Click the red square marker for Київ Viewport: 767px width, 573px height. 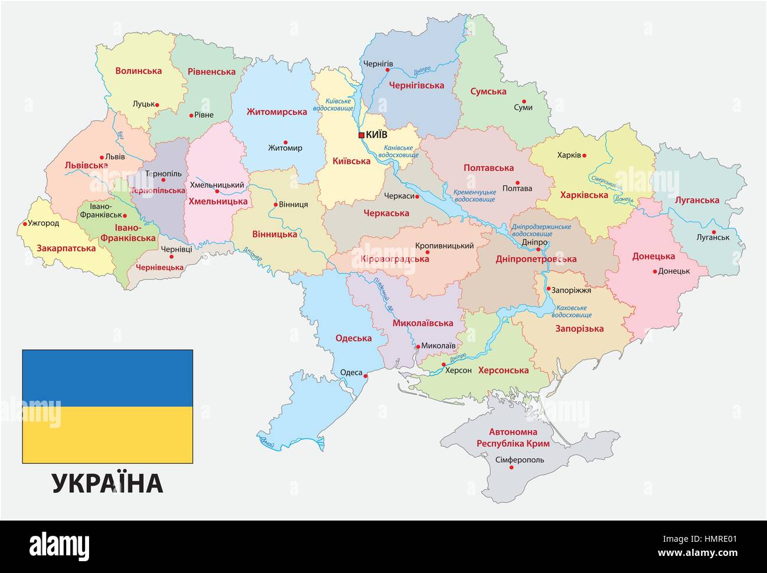click(361, 135)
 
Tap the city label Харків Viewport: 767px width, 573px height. click(569, 156)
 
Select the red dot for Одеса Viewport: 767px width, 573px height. click(366, 376)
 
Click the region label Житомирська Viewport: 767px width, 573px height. click(277, 111)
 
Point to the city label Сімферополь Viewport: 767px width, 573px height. click(511, 459)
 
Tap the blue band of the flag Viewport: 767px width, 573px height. click(107, 378)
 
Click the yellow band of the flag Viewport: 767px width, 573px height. click(107, 434)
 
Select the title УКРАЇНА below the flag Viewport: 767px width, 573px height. click(107, 483)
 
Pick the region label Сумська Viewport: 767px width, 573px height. click(488, 91)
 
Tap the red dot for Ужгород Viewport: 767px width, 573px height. click(25, 223)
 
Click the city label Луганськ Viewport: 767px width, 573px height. click(713, 237)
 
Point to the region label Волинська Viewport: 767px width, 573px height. click(138, 71)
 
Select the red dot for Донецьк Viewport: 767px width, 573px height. click(654, 271)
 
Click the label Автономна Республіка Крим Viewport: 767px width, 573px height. click(513, 437)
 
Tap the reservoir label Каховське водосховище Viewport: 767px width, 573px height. click(572, 311)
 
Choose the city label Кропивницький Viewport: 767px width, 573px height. click(444, 245)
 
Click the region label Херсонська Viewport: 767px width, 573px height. click(503, 370)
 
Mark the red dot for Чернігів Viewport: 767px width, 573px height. click(388, 70)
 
